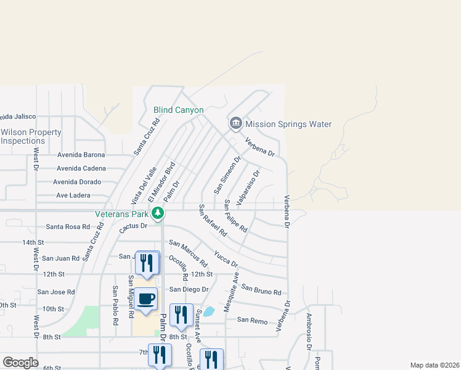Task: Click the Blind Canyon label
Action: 178,110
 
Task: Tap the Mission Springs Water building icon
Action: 235,124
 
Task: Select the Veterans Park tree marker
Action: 158,213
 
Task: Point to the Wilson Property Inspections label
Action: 31,136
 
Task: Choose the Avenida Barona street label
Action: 81,155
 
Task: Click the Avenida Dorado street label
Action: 76,182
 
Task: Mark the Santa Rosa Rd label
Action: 68,226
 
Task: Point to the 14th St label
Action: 33,242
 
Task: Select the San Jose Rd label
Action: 56,292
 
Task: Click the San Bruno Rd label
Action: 261,289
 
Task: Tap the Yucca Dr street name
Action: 226,258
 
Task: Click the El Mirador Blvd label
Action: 161,179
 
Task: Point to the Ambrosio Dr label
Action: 308,331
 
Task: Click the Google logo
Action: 20,363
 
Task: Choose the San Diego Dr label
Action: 189,289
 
